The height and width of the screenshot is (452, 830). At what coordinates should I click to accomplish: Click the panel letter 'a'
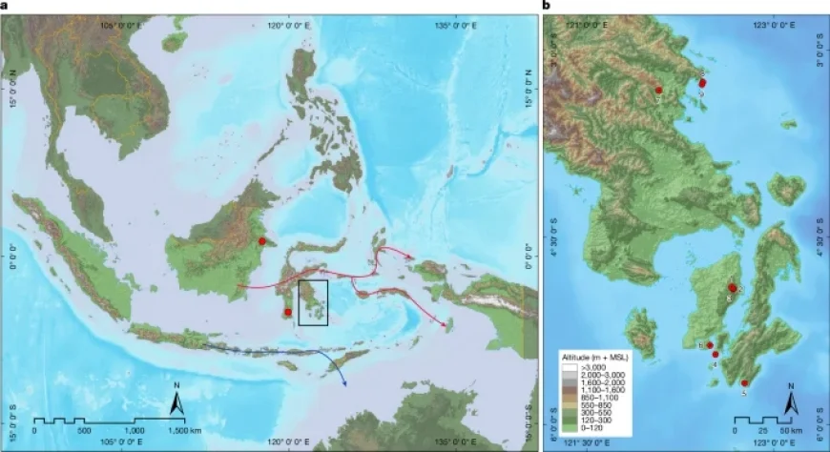pos(4,5)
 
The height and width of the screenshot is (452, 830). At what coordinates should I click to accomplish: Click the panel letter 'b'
pos(547,5)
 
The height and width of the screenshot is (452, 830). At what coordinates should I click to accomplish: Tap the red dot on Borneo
pos(261,242)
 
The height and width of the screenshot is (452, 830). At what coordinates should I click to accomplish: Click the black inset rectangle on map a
pos(313,303)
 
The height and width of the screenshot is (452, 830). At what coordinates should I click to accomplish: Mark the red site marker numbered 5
pos(745,381)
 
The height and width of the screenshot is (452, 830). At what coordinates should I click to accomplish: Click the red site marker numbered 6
pos(710,345)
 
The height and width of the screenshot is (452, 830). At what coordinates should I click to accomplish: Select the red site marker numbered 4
pos(716,355)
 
